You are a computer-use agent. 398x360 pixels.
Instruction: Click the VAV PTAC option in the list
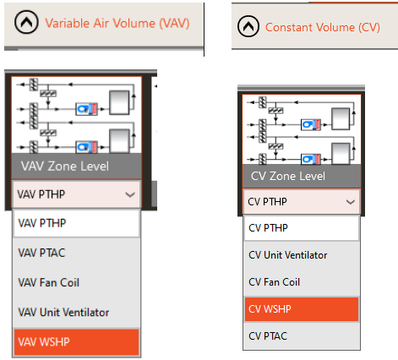[x=41, y=253]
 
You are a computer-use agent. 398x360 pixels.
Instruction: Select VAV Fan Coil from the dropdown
[x=48, y=282]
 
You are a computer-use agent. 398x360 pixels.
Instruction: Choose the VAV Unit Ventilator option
[x=63, y=312]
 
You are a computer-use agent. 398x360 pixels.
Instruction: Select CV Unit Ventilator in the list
[x=287, y=255]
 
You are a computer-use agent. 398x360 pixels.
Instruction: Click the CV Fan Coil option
[x=274, y=282]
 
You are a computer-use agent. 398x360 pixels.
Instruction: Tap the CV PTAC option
[x=268, y=335]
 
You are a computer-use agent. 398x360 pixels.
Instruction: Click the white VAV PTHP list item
[x=76, y=223]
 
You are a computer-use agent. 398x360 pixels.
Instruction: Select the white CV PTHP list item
[x=302, y=228]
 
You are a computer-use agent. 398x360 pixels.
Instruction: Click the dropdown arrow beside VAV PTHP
[x=130, y=194]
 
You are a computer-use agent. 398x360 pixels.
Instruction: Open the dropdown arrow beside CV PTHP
[x=351, y=202]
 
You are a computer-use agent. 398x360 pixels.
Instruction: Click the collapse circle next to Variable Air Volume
[x=26, y=22]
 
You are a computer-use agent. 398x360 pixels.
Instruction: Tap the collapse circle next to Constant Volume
[x=248, y=26]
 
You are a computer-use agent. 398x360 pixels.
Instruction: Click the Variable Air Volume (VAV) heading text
[x=117, y=23]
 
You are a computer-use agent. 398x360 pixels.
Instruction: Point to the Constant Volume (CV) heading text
[x=323, y=27]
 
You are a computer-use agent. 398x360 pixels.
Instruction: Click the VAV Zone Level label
[x=65, y=166]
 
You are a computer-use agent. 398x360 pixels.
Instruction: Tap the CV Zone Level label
[x=288, y=176]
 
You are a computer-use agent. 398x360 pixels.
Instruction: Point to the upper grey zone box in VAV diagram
[x=119, y=102]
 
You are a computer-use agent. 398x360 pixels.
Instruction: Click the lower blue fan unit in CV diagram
[x=311, y=160]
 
